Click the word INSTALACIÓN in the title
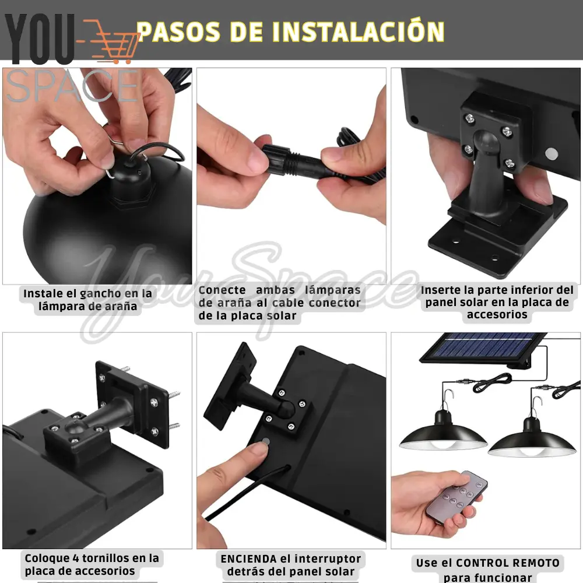point(359,32)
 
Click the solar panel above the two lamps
point(483,347)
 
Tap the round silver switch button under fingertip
point(266,441)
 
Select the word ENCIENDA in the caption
point(248,559)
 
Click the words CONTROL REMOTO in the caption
point(508,563)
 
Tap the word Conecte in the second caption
point(222,290)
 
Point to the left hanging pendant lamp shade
point(443,435)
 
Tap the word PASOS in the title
point(179,32)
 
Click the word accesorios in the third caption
point(497,315)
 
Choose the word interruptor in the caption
point(327,559)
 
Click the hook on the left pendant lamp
point(448,397)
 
